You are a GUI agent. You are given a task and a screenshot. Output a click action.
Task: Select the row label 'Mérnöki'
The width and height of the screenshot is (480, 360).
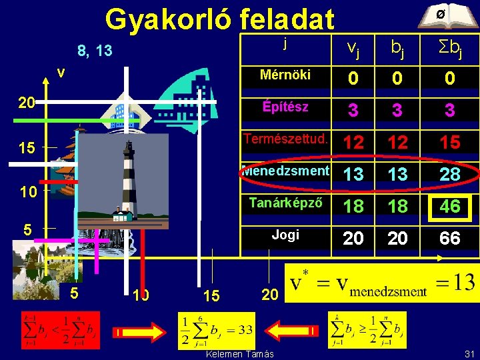point(285,75)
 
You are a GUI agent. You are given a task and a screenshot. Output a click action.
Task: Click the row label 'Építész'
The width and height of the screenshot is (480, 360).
point(285,107)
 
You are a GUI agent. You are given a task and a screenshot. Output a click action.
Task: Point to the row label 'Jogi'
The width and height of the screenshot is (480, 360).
point(285,235)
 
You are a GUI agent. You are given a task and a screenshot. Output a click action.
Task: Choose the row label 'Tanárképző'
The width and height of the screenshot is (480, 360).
point(285,203)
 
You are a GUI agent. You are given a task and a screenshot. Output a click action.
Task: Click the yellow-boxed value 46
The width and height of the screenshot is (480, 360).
point(450,206)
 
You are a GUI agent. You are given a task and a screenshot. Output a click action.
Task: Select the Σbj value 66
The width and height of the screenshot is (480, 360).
point(450,238)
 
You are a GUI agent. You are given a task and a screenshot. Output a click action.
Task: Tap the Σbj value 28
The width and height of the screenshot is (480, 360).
point(450,174)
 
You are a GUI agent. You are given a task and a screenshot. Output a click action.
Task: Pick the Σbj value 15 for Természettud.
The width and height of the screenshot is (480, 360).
point(450,142)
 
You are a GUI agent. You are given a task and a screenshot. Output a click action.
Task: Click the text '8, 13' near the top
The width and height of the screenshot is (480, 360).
point(95,51)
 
